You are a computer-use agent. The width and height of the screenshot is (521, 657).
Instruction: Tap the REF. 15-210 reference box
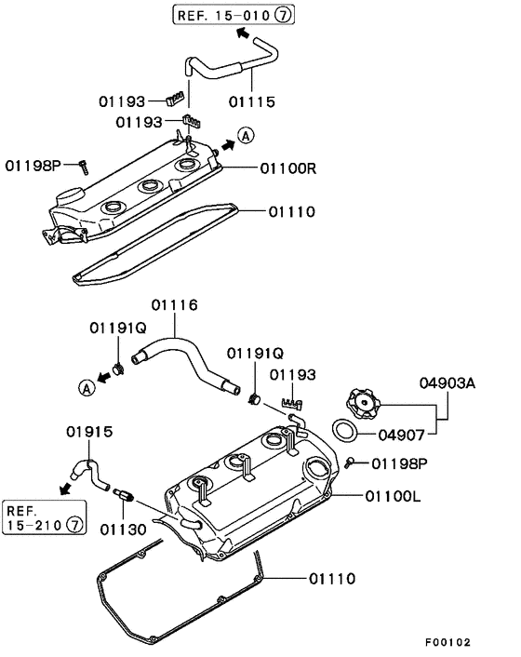click(x=44, y=519)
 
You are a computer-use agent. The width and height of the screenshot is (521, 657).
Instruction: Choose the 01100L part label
click(x=391, y=497)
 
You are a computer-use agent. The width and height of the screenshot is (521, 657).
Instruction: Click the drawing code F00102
click(x=448, y=642)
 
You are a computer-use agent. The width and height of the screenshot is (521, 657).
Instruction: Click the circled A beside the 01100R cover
click(x=246, y=136)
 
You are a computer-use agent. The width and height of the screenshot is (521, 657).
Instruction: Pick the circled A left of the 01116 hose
click(x=86, y=388)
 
